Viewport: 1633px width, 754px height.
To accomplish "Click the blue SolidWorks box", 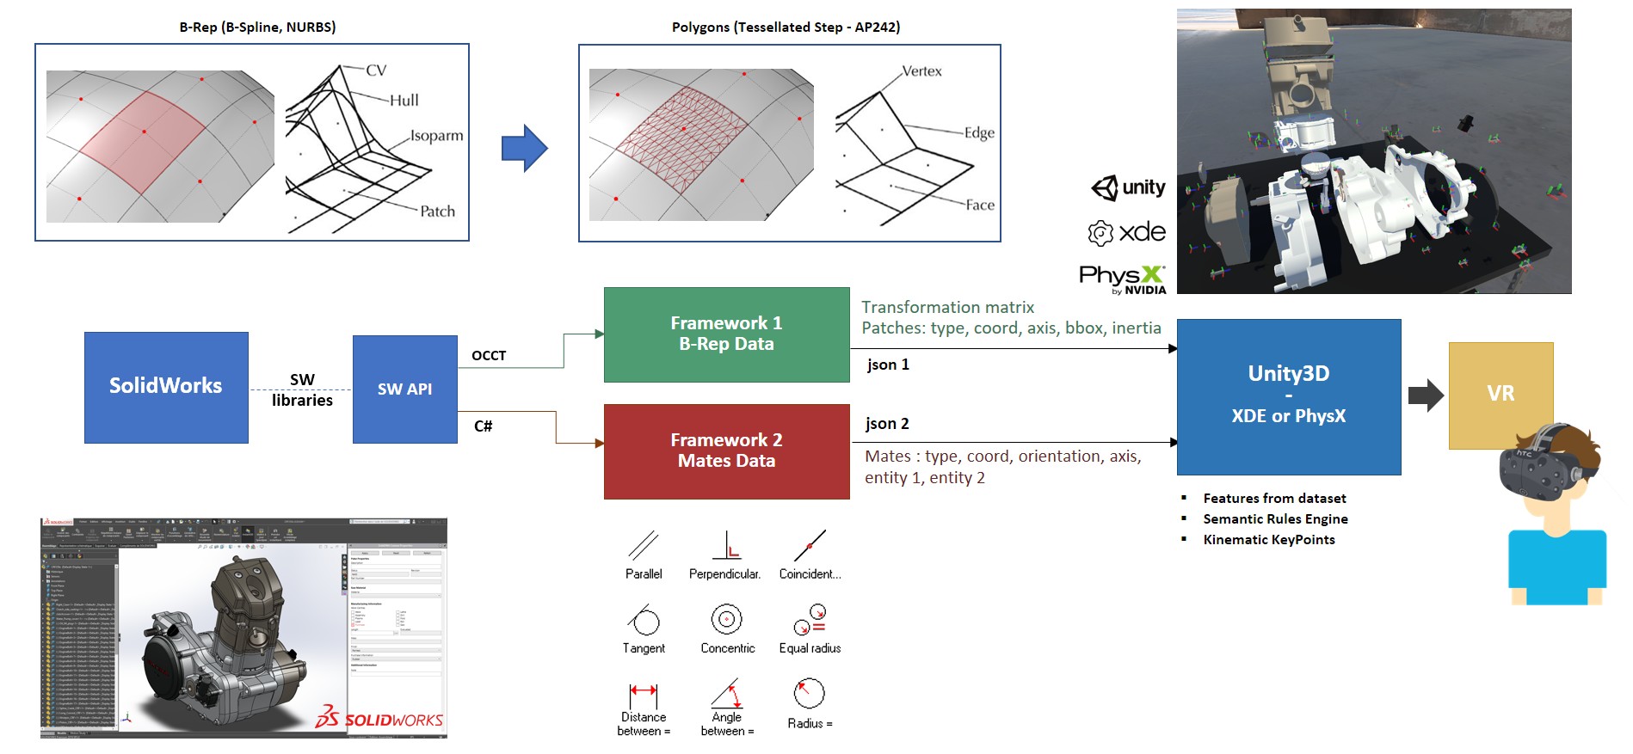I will [166, 388].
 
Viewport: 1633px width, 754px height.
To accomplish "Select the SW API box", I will [404, 389].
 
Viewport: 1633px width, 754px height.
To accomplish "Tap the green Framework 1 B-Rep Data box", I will [726, 334].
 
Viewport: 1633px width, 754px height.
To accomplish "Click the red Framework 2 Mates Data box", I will [726, 451].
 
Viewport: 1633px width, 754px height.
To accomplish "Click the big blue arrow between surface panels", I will [524, 149].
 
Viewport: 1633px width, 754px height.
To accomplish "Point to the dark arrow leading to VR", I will [1425, 395].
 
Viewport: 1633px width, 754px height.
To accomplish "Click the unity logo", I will [1128, 187].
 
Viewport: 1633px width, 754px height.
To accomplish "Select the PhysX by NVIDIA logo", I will [1123, 279].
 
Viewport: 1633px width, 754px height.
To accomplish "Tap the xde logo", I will [1127, 232].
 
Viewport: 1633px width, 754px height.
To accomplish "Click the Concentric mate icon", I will [727, 619].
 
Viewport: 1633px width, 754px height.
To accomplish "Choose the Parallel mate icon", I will [643, 546].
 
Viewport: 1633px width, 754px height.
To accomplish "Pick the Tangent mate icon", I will [644, 620].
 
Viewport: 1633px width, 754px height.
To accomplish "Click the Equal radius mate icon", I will [810, 619].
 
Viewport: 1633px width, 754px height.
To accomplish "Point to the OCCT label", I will [489, 356].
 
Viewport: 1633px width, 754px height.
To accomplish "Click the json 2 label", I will [887, 424].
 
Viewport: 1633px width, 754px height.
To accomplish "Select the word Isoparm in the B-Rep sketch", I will [436, 136].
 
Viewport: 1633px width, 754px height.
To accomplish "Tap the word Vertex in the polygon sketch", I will [921, 71].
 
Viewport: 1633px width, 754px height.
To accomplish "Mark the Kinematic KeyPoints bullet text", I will [1269, 540].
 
